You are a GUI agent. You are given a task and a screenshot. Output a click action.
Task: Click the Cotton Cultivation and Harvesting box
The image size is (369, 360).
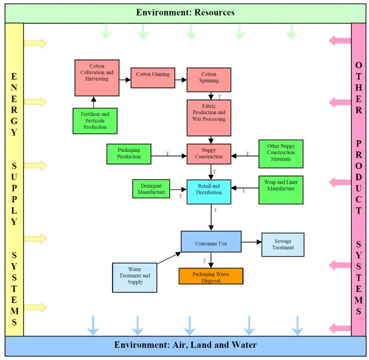point(97,77)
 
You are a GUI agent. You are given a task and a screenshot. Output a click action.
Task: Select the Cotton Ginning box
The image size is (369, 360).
point(152,77)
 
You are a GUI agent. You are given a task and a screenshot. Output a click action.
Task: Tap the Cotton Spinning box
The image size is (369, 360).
point(209,80)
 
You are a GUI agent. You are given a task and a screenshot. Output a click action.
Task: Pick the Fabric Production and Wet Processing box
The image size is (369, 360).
point(209,118)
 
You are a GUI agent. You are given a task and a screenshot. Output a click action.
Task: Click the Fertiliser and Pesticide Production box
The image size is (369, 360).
point(95,121)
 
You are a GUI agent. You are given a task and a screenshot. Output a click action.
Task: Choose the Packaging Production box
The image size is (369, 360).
point(129,153)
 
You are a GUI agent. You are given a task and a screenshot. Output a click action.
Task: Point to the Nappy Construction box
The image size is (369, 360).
point(209,153)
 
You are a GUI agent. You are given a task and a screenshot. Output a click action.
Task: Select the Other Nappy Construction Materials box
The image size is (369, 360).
point(281,153)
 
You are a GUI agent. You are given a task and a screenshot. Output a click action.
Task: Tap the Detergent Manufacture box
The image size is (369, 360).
point(151,189)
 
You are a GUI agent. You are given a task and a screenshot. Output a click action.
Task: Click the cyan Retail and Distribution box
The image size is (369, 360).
point(209,192)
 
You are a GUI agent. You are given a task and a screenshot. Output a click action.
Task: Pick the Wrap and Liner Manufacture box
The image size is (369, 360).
point(281,189)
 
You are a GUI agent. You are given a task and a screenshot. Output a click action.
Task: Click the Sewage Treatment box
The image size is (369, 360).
point(283,244)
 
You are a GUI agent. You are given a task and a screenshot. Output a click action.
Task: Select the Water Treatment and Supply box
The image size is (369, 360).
point(135,277)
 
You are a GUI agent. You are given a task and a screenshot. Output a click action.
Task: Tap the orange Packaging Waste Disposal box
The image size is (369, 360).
point(210,276)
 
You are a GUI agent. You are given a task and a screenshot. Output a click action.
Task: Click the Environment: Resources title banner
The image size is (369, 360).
point(185,12)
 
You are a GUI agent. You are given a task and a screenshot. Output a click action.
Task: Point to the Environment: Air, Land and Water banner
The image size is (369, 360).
point(185,345)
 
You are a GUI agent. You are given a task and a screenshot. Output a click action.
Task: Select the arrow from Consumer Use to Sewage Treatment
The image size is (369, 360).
point(251,242)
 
